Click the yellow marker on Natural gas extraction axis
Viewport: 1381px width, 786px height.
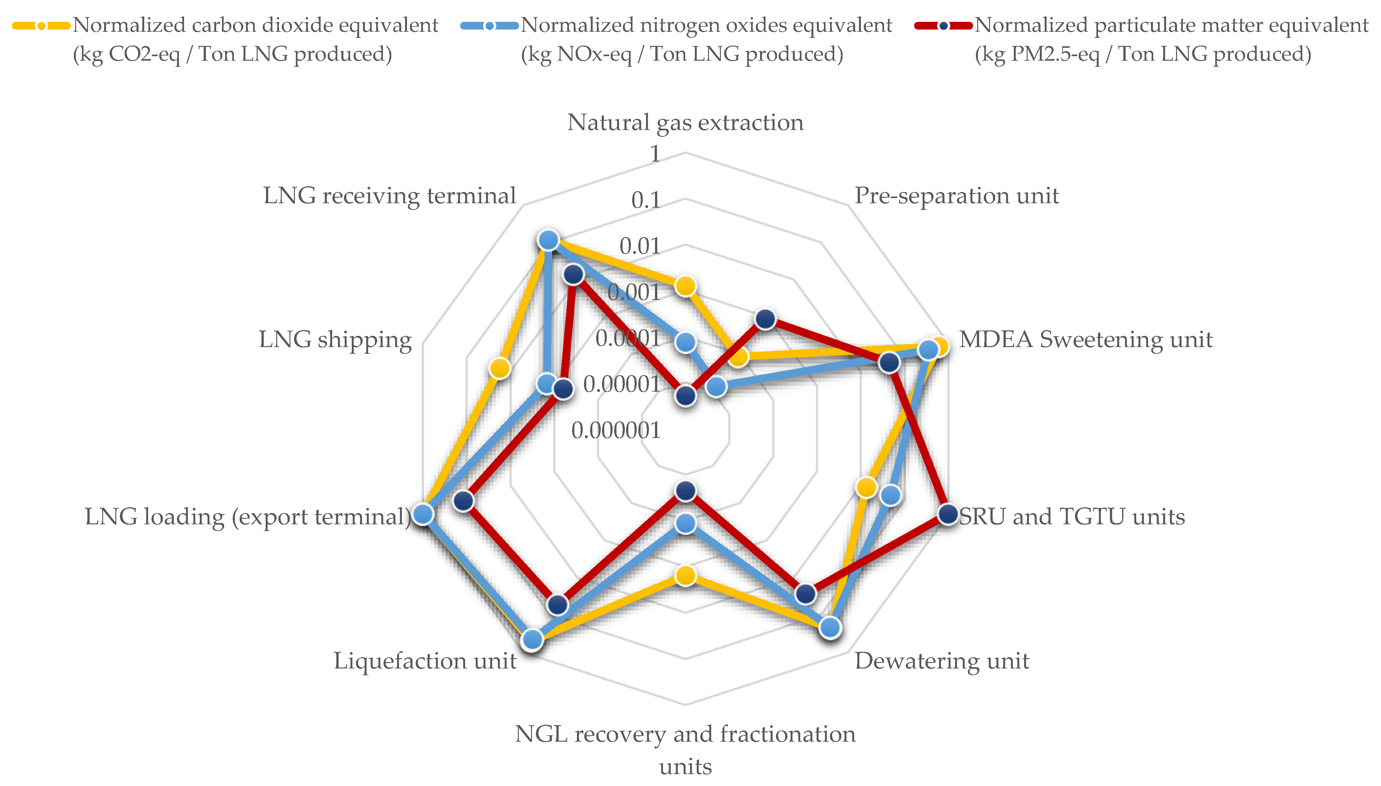[686, 285]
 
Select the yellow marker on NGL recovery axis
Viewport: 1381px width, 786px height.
[686, 575]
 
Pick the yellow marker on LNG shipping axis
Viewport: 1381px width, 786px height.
[500, 369]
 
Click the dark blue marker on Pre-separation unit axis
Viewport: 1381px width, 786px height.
[765, 319]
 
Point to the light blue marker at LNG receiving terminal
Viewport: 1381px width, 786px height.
[548, 240]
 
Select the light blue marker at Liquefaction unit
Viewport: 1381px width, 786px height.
[533, 640]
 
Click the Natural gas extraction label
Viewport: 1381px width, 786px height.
[686, 123]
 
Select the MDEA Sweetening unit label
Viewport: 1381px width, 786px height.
[1085, 340]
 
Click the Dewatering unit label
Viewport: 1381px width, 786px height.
[941, 661]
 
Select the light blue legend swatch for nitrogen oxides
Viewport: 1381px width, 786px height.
[489, 25]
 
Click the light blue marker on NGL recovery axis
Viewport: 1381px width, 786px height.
[686, 523]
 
